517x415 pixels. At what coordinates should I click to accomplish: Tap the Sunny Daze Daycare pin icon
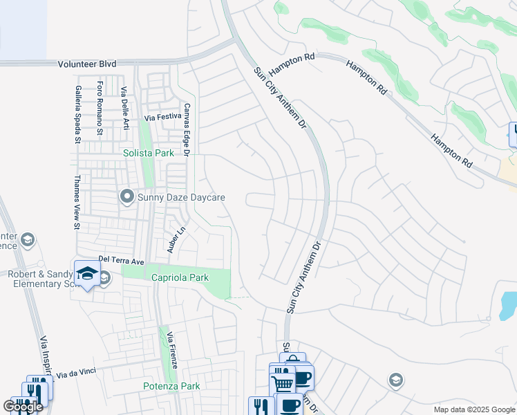coord(126,197)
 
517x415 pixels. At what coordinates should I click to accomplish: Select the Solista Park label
coord(148,153)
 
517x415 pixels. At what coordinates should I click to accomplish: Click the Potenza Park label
coord(171,386)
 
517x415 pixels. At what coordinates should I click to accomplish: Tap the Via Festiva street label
coord(163,118)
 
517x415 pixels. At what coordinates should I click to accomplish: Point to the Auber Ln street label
coord(173,241)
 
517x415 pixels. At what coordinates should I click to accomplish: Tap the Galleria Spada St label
coord(78,115)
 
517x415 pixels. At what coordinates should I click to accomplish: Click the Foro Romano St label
coord(100,109)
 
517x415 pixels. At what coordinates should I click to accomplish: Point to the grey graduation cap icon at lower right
coord(395,380)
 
